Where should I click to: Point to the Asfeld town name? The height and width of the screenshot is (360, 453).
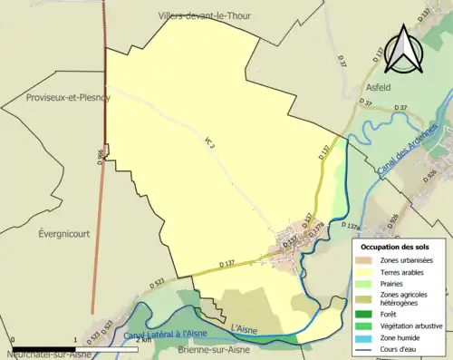(378, 88)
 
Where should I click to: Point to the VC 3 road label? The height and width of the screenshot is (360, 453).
(210, 142)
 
